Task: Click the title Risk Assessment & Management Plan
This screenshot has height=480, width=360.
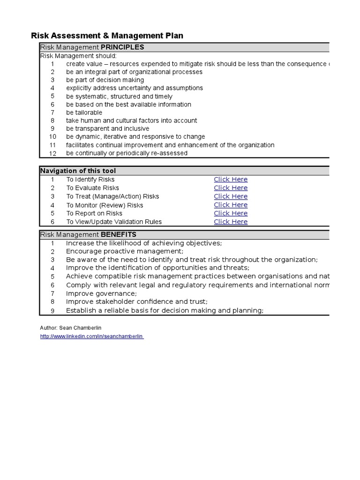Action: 107,36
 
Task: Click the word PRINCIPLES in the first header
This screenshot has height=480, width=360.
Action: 122,47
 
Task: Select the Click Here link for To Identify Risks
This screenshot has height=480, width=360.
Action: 231,180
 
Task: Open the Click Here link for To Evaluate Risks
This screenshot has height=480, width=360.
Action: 231,188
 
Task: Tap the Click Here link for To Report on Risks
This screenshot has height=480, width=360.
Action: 231,213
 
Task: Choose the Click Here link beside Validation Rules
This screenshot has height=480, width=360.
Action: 231,222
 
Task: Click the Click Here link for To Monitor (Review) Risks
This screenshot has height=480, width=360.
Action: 231,205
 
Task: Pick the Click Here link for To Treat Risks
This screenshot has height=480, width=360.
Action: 231,196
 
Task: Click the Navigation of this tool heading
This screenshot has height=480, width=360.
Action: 78,171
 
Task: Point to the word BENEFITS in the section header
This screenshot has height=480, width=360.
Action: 119,234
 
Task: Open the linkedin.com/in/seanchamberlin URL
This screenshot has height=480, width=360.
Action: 92,337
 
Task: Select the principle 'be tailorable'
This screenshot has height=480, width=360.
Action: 84,112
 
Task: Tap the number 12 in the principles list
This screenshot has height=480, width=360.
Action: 52,153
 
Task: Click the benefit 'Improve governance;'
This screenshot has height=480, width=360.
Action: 101,293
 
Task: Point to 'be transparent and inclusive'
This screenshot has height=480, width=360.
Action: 107,128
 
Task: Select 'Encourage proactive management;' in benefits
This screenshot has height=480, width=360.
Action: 125,251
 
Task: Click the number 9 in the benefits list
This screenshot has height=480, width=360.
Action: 52,311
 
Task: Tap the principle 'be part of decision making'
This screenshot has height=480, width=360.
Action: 105,80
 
